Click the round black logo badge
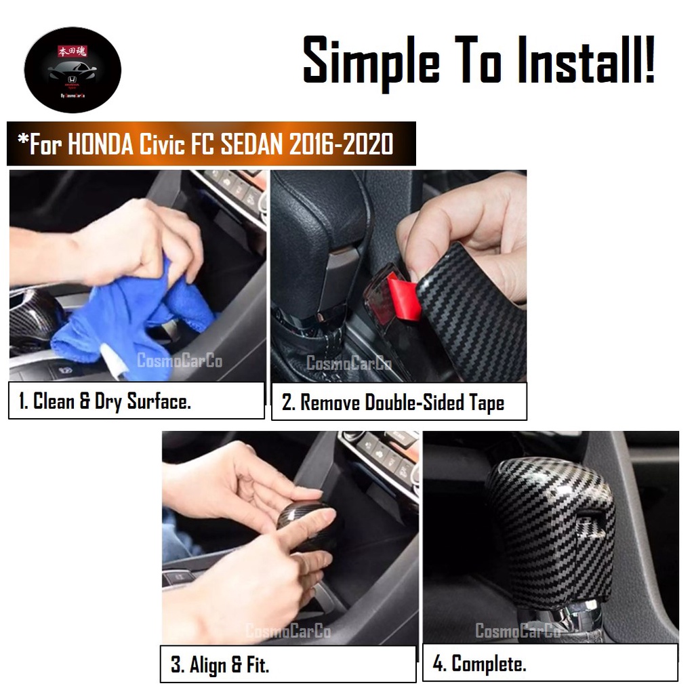click(73, 70)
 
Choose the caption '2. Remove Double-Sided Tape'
click(393, 403)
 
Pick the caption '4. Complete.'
click(479, 664)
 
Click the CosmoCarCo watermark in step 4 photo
click(518, 631)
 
